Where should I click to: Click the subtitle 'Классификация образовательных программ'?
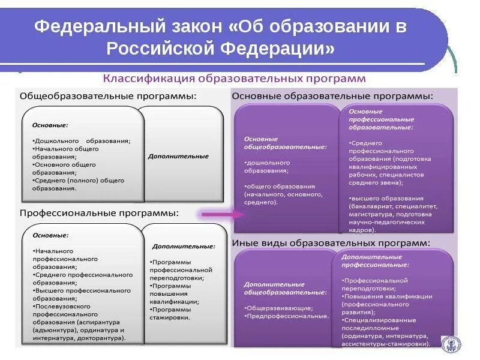[234, 79]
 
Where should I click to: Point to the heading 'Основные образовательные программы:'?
[332, 96]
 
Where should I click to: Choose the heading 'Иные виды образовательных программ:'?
[331, 243]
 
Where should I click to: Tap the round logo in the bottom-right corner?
[451, 343]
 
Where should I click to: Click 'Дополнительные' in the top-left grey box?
[178, 156]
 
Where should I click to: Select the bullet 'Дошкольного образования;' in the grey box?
[81, 141]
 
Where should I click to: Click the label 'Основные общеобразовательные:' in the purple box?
[285, 143]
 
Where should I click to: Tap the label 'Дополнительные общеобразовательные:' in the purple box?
[285, 289]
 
